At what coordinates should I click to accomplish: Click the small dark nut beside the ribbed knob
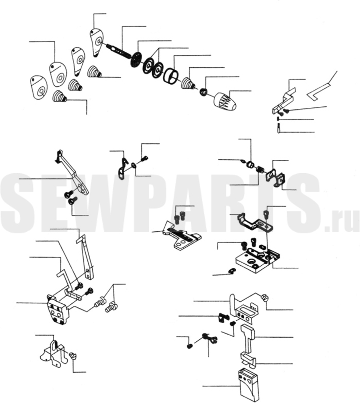[203, 92]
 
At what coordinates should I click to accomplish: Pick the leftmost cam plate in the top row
[39, 86]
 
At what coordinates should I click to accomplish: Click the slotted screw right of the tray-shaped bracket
[265, 297]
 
